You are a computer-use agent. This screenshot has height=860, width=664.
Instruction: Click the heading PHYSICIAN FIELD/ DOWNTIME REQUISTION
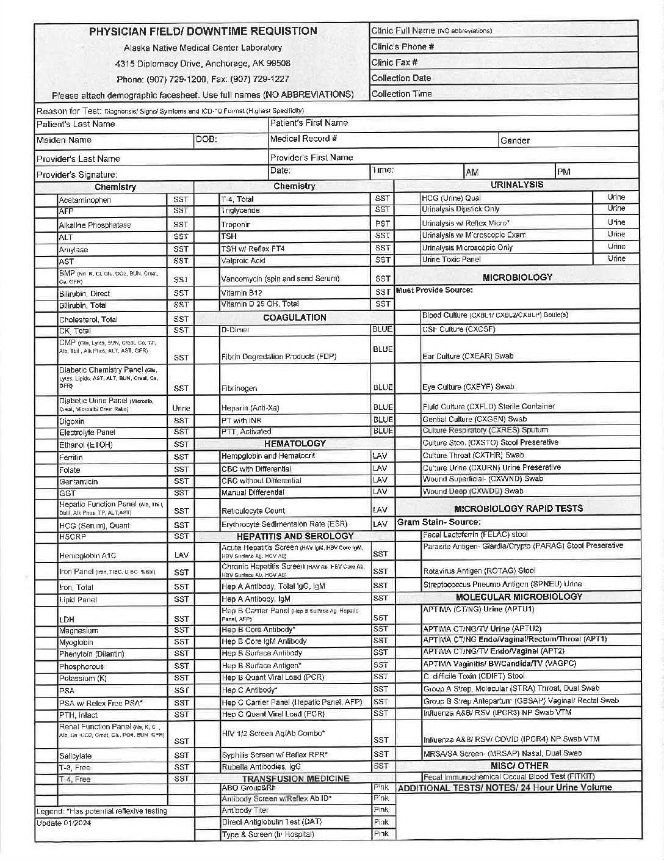tap(203, 31)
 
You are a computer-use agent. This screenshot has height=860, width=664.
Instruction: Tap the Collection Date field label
tap(401, 78)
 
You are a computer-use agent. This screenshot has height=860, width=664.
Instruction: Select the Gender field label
tap(514, 140)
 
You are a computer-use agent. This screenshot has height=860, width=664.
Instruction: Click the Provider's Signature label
tap(77, 175)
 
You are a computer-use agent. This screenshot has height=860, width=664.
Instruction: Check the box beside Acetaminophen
tap(46, 200)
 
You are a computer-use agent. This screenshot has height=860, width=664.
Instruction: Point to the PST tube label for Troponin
tap(382, 224)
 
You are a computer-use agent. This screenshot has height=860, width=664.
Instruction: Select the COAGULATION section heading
tap(294, 317)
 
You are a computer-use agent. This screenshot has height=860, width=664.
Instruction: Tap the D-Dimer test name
tap(236, 330)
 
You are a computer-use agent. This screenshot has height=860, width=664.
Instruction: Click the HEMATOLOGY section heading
tap(294, 443)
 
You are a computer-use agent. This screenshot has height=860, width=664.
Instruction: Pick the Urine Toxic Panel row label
tap(451, 260)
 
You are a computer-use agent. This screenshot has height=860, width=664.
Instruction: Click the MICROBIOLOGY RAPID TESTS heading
tap(518, 508)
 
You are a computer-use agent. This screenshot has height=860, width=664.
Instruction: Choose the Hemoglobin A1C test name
tap(87, 556)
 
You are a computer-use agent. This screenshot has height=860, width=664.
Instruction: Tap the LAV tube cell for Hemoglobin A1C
tap(181, 555)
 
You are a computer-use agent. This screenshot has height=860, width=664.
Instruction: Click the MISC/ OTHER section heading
tap(519, 765)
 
